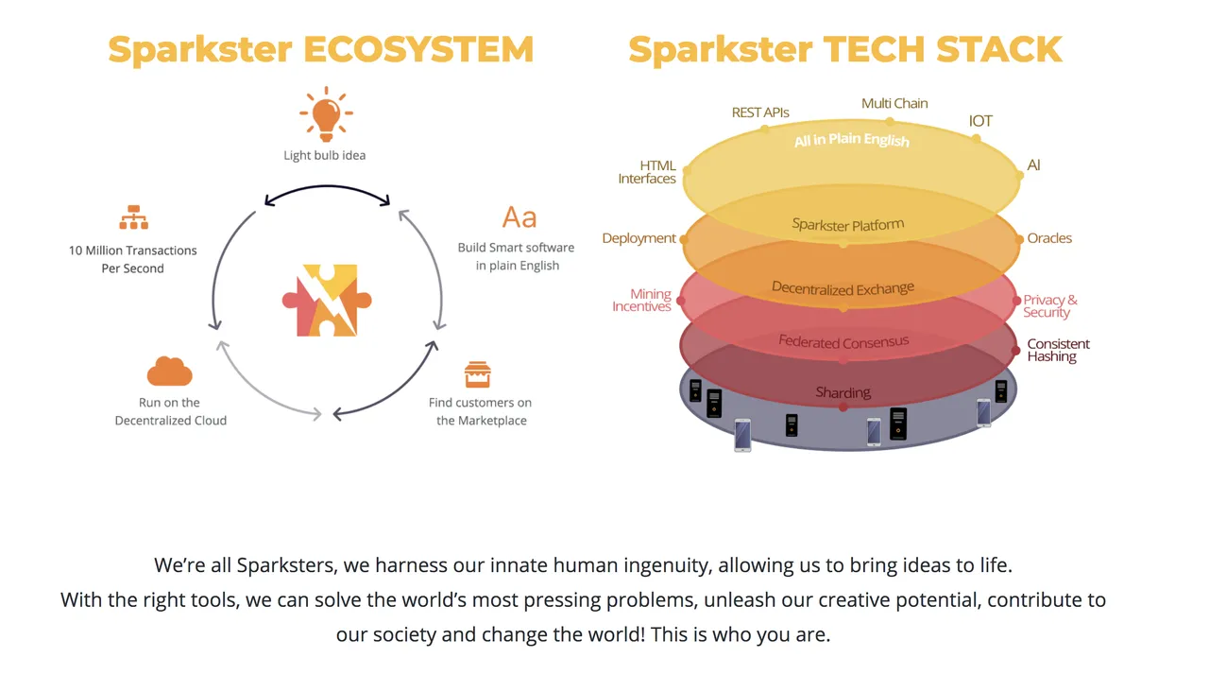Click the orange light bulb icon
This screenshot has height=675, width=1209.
(x=326, y=114)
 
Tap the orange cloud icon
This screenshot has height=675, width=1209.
(x=169, y=371)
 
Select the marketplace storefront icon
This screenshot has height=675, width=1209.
(x=478, y=374)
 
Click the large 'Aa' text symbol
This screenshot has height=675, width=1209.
(x=519, y=217)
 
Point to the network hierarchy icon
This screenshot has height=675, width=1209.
(x=133, y=217)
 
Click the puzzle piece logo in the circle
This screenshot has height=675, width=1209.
(x=327, y=301)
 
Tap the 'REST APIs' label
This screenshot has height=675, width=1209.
(x=760, y=112)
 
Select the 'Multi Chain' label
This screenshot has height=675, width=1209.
(x=894, y=103)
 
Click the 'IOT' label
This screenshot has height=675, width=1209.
(x=980, y=121)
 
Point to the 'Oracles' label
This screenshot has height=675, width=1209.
(x=1049, y=238)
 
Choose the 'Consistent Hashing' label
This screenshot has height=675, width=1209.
(x=1058, y=350)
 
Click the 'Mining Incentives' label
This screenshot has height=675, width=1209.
(x=641, y=301)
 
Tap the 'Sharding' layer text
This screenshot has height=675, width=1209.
(x=843, y=392)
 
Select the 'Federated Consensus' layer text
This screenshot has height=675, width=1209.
(x=843, y=341)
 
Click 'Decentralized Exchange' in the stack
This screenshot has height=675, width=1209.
(x=843, y=288)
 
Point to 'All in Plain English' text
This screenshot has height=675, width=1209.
(x=852, y=140)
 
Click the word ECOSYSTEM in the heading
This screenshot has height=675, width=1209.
(x=418, y=49)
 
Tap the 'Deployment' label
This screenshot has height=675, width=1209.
(x=639, y=238)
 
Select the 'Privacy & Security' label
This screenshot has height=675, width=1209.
(x=1049, y=306)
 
